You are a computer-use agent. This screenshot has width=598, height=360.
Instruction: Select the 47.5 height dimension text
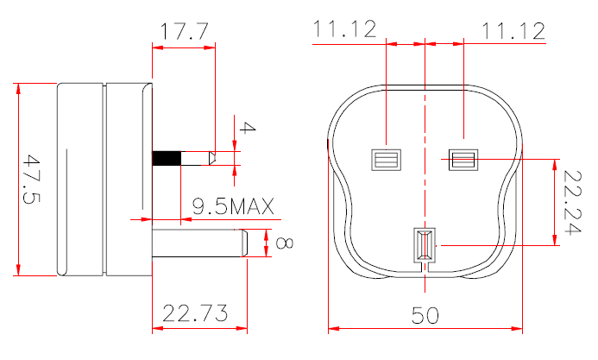point(33,180)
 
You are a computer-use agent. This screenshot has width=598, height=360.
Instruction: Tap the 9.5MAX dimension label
point(232,207)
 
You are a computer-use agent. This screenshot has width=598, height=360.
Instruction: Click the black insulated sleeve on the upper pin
point(167,159)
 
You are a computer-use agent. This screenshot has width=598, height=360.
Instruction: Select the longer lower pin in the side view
point(198,243)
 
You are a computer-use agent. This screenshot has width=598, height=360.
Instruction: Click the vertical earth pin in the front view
point(425,244)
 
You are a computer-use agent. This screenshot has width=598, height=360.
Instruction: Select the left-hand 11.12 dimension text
point(344,31)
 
